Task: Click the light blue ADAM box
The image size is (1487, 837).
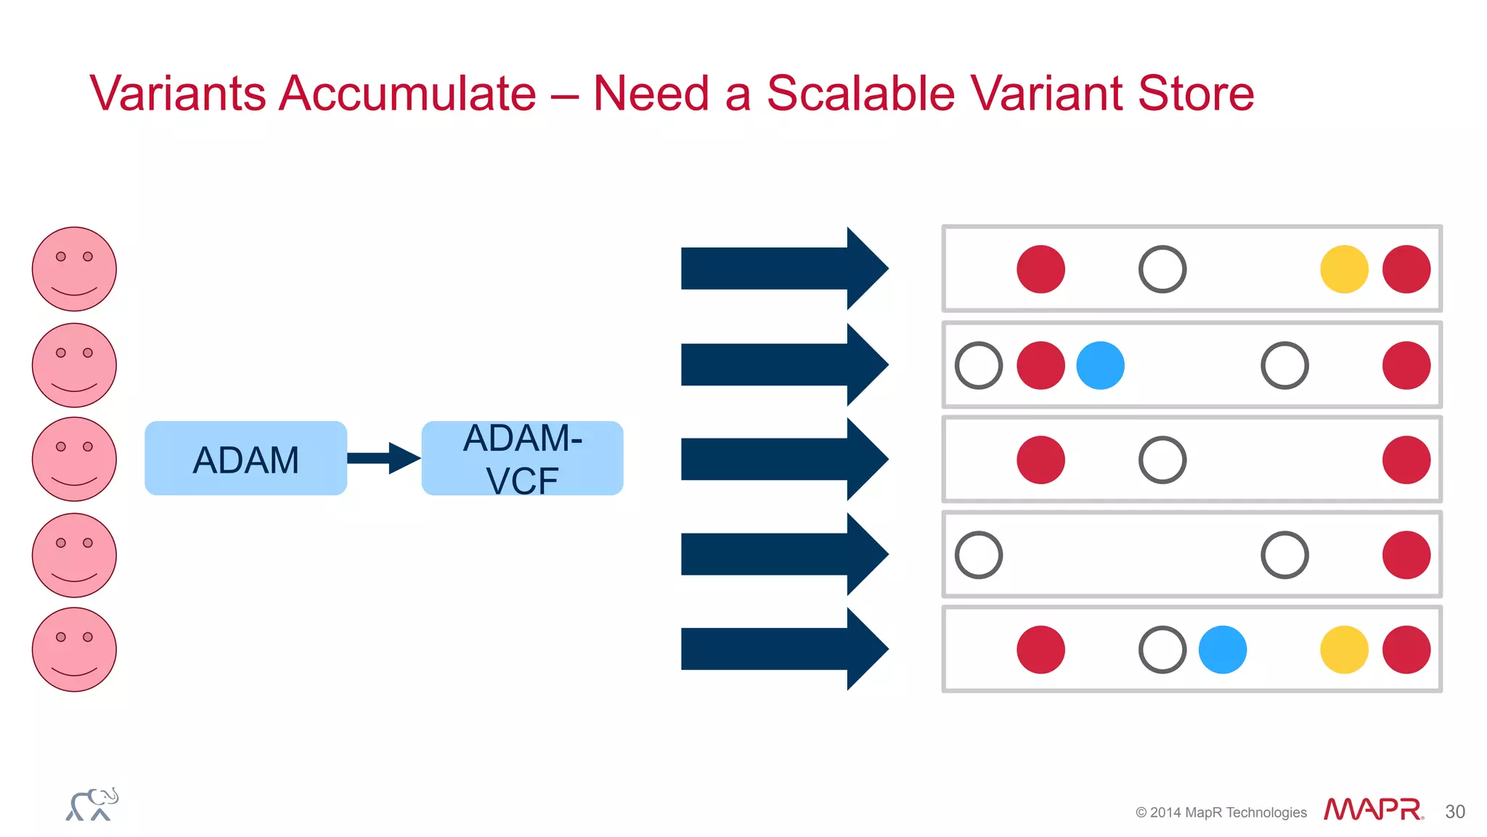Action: pyautogui.click(x=245, y=458)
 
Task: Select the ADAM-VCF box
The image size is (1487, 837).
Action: pyautogui.click(x=522, y=458)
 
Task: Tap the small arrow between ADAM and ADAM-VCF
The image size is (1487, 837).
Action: pyautogui.click(x=383, y=458)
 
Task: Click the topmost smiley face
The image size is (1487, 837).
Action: pyautogui.click(x=74, y=269)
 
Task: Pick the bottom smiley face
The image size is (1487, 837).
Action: pyautogui.click(x=74, y=649)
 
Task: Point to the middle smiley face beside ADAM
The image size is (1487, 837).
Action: pyautogui.click(x=74, y=459)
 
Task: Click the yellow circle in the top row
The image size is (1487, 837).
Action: pyautogui.click(x=1344, y=269)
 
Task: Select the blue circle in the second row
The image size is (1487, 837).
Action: pyautogui.click(x=1100, y=365)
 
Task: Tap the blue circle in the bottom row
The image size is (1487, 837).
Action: pyautogui.click(x=1222, y=650)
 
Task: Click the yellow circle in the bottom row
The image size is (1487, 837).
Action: pyautogui.click(x=1344, y=650)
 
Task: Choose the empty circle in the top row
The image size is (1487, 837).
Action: pyautogui.click(x=1162, y=269)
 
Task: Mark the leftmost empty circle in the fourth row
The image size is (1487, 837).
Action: pyautogui.click(x=979, y=555)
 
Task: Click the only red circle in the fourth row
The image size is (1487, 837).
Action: pyautogui.click(x=1406, y=555)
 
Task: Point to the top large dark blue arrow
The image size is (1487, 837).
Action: pyautogui.click(x=784, y=269)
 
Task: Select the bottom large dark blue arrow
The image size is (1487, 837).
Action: pyautogui.click(x=784, y=649)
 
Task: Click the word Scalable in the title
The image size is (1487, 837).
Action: pyautogui.click(x=860, y=94)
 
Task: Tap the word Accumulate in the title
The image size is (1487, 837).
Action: pyautogui.click(x=407, y=94)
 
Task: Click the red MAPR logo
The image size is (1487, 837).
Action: pyautogui.click(x=1373, y=809)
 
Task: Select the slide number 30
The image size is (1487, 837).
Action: pyautogui.click(x=1454, y=812)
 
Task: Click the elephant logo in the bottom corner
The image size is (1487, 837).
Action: pyautogui.click(x=92, y=804)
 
